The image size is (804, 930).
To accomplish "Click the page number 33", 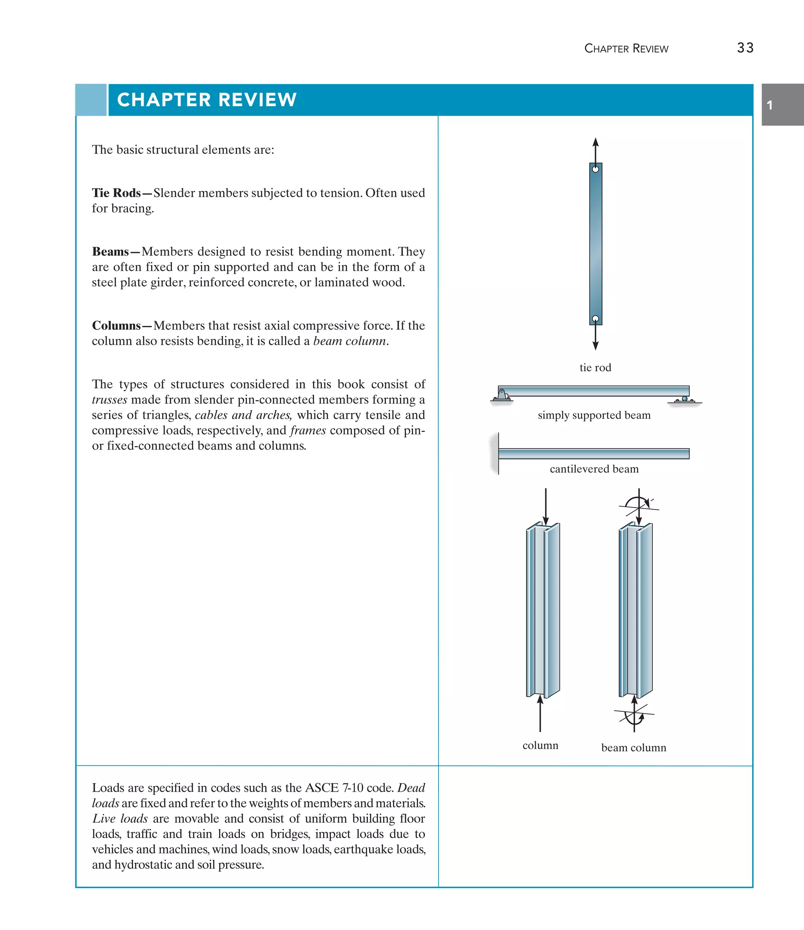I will (745, 48).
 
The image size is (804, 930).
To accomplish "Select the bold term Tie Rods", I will (116, 193).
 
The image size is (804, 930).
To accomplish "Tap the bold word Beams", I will (110, 251).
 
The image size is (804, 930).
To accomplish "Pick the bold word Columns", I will (116, 326).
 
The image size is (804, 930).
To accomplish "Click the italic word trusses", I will (110, 399).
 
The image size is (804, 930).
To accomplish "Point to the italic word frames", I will (308, 430).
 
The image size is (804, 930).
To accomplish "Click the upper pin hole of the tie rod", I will (596, 169).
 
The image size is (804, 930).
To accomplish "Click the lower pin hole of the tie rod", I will (596, 319).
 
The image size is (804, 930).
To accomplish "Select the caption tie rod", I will (595, 368).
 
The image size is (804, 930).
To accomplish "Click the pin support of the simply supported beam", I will (502, 395).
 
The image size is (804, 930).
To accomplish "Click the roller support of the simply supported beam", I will (685, 399).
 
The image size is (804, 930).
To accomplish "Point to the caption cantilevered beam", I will (594, 469).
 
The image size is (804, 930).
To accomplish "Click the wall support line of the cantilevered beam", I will (498, 453).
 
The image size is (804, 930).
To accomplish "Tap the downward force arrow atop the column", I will (546, 507).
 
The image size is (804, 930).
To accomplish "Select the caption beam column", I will (634, 748).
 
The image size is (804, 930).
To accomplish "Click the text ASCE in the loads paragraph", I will (321, 788).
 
